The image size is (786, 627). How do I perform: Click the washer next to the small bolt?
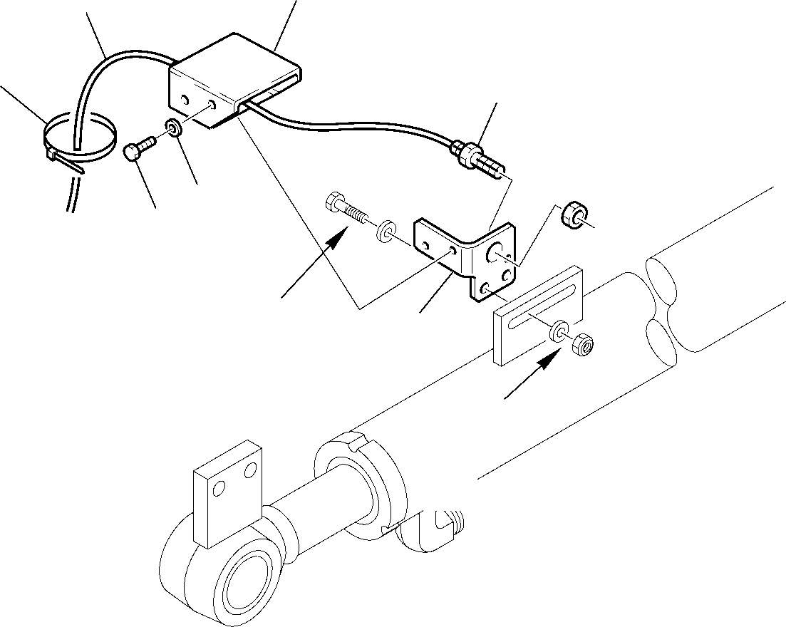tap(172, 128)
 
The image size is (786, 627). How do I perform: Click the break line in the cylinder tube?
tap(666, 303)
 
